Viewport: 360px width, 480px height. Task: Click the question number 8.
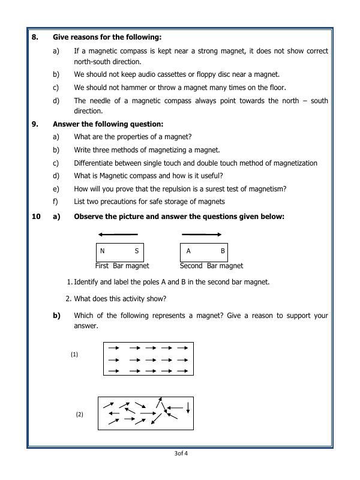tap(35, 37)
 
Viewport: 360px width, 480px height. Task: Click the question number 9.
tap(35, 124)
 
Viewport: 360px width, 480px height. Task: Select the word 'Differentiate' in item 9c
tap(94, 163)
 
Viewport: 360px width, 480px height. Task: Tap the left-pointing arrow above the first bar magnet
tap(117, 235)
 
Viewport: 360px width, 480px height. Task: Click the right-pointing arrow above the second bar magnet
tap(202, 235)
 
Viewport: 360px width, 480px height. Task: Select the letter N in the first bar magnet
tap(102, 251)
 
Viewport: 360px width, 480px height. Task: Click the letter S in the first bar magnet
tap(137, 251)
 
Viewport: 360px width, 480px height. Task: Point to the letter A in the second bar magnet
tap(188, 251)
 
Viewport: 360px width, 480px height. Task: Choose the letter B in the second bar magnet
tap(223, 251)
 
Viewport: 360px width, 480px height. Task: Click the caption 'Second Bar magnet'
tap(211, 266)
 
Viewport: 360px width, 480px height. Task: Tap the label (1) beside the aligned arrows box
tap(74, 355)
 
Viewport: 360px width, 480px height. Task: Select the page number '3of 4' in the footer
tap(181, 454)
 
